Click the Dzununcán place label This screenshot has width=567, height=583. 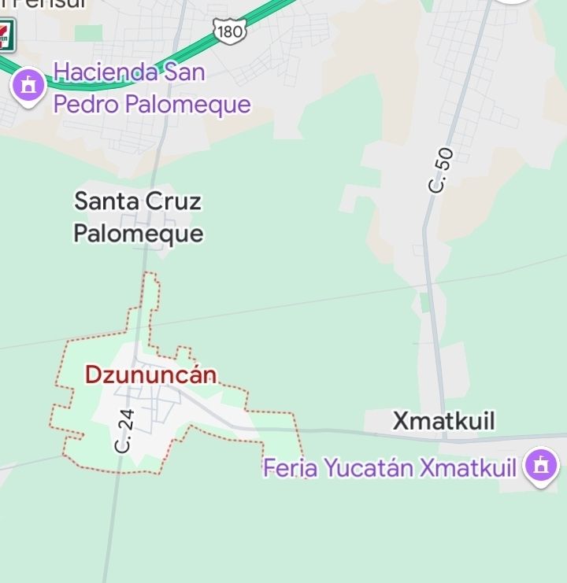(x=150, y=375)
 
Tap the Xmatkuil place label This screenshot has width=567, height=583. (x=444, y=421)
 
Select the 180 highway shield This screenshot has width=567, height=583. (x=229, y=31)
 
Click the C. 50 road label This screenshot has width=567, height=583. (x=439, y=170)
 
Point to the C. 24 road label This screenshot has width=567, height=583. (x=124, y=430)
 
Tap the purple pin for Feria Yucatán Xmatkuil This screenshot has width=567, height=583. (x=540, y=465)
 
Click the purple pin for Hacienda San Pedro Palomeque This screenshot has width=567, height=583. (x=29, y=84)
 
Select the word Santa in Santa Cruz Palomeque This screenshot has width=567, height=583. (x=106, y=201)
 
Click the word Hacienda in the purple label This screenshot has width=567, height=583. (x=105, y=72)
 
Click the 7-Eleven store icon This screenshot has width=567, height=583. (x=5, y=33)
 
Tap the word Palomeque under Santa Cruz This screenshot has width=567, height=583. (x=139, y=234)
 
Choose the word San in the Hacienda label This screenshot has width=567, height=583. (x=184, y=72)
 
